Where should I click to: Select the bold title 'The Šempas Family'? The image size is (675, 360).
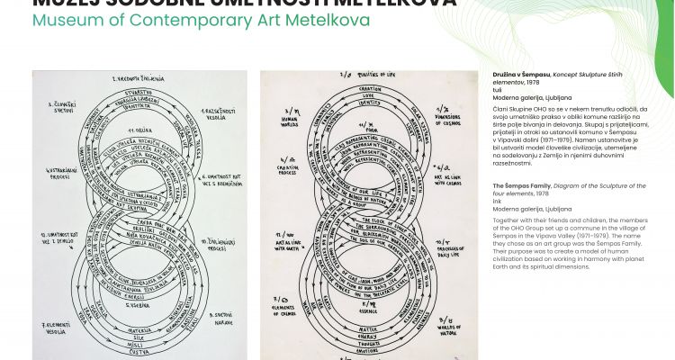click(x=524, y=185)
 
